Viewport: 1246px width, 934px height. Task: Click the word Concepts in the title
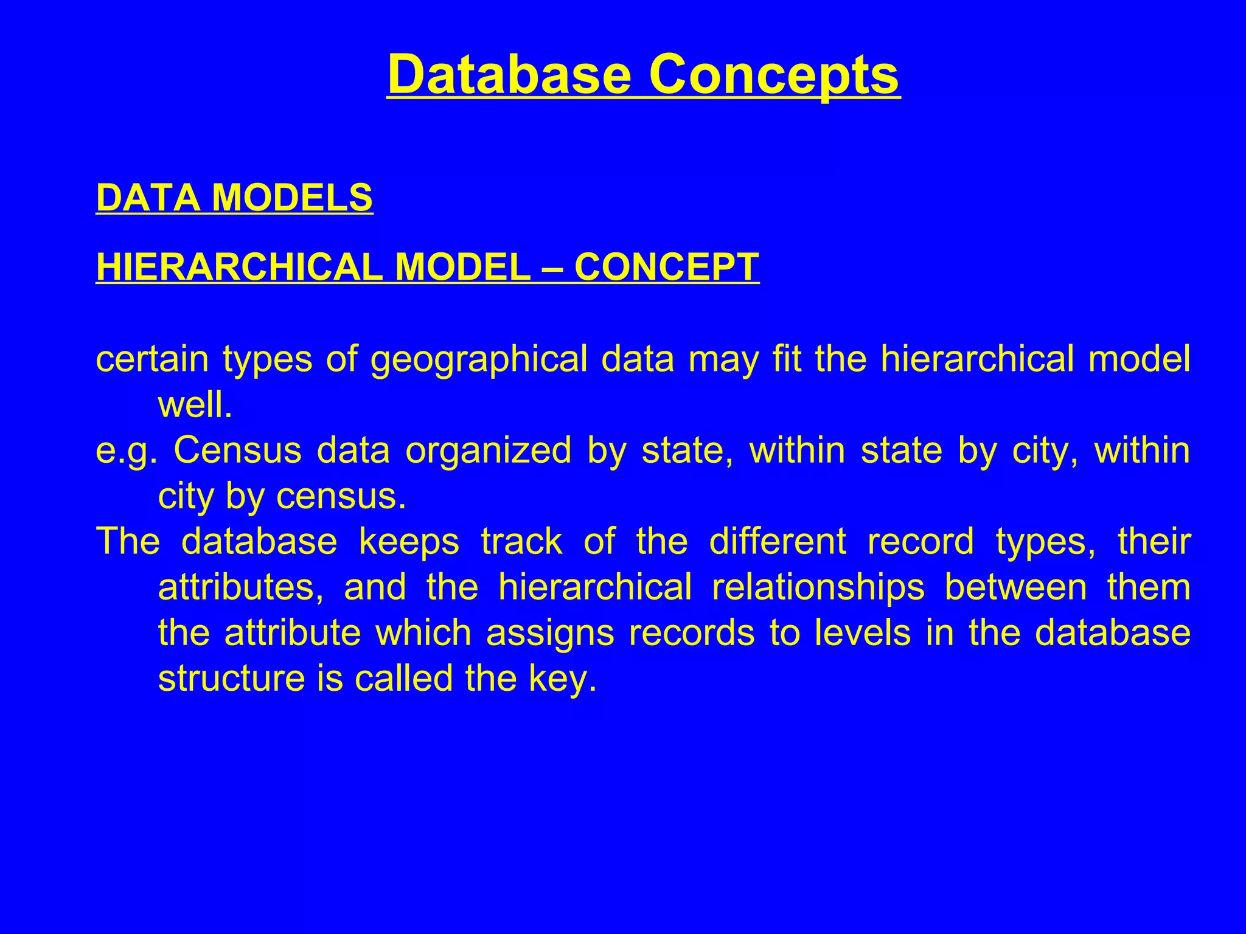tap(773, 75)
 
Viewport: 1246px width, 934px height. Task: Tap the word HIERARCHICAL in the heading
tap(239, 267)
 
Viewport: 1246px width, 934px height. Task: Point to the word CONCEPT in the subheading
tap(667, 267)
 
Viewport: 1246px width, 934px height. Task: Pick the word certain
tap(152, 359)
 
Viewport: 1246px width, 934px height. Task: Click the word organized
tap(489, 451)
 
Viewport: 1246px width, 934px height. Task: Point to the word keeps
tap(409, 542)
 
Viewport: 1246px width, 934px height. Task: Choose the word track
tap(521, 542)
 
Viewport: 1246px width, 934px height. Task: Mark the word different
tap(778, 542)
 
